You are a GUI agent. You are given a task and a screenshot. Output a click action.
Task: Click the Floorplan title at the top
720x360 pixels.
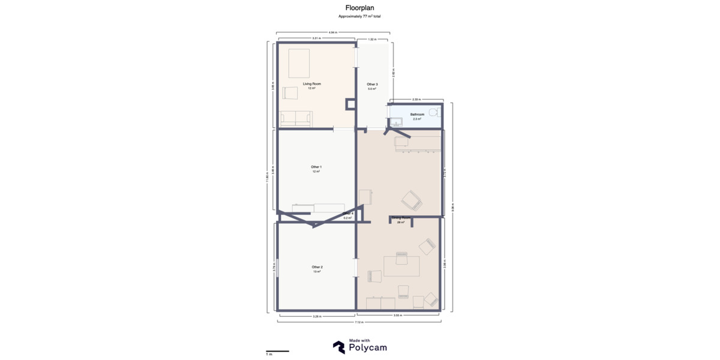pyautogui.click(x=360, y=8)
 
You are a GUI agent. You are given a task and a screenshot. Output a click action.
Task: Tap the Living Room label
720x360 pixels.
pyautogui.click(x=312, y=84)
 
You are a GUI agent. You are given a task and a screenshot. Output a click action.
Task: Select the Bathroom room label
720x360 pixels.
pyautogui.click(x=418, y=115)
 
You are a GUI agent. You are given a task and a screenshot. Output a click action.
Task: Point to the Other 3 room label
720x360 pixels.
pyautogui.click(x=373, y=85)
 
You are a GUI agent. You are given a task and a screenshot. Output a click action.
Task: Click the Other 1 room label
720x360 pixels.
pyautogui.click(x=316, y=167)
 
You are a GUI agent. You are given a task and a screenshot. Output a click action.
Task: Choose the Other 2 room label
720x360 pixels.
pyautogui.click(x=317, y=267)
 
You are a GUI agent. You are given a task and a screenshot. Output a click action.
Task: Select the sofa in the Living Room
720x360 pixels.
pyautogui.click(x=296, y=119)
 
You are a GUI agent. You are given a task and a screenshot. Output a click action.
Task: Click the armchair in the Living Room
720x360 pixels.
pyautogui.click(x=290, y=93)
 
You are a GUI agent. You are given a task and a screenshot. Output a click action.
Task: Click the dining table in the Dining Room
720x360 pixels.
pyautogui.click(x=401, y=265)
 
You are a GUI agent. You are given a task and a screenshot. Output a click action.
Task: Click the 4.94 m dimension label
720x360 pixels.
pyautogui.click(x=332, y=32)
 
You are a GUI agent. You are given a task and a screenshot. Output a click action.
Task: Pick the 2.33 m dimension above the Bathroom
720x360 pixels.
pyautogui.click(x=416, y=99)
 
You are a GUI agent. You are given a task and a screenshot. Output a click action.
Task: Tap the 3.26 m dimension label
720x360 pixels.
pyautogui.click(x=317, y=316)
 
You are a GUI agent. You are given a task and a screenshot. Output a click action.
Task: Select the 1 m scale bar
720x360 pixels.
pyautogui.click(x=278, y=352)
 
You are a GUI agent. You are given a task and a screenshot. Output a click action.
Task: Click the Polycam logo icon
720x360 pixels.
pyautogui.click(x=339, y=347)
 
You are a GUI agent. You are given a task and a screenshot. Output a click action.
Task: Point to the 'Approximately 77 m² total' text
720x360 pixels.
pyautogui.click(x=360, y=16)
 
